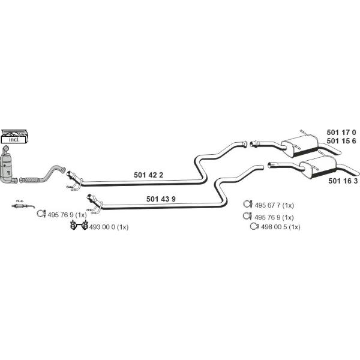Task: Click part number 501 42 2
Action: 148,175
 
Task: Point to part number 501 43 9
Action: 161,199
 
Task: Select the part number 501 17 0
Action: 341,132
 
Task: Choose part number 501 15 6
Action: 341,141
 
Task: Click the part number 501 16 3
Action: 343,180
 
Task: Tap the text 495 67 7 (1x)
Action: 274,205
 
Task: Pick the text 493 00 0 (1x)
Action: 108,227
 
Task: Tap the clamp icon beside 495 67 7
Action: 247,204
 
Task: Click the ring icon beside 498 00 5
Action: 253,227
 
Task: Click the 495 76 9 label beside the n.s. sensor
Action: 67,214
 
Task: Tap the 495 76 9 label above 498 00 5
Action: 274,217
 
